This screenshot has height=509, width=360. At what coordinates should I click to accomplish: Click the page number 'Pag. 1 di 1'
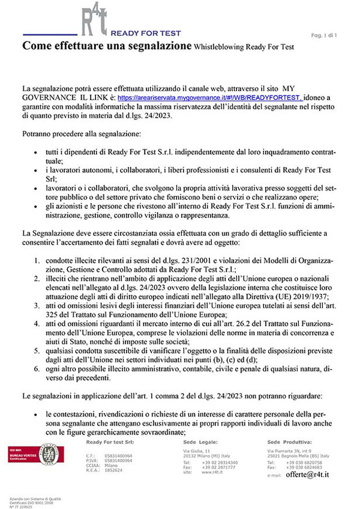tap(325, 35)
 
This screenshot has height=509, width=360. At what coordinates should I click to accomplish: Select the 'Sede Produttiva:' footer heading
tap(291, 442)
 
